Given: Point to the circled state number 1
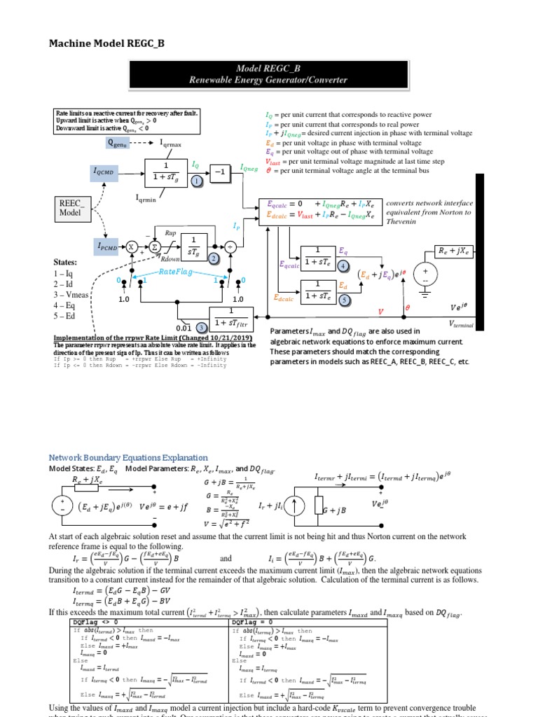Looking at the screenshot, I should tap(198, 181).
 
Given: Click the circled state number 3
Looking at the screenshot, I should tap(201, 327).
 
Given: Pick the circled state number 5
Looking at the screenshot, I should tap(343, 300).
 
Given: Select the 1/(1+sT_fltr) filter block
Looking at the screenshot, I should tap(231, 317).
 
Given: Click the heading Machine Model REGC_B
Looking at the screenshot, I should tap(106, 43).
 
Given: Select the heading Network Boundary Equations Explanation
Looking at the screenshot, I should tap(127, 457).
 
